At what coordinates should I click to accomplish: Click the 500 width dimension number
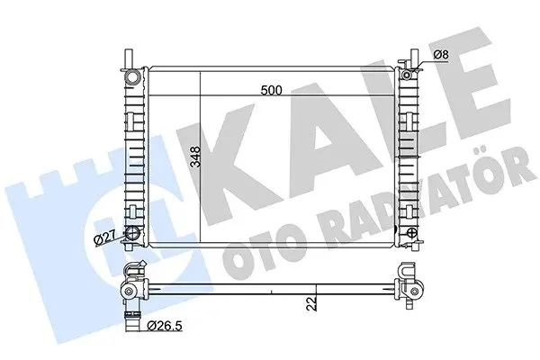click(x=272, y=90)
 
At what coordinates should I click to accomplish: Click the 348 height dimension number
click(x=195, y=157)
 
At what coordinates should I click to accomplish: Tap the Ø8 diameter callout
click(x=441, y=54)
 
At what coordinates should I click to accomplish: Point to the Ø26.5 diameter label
click(x=165, y=326)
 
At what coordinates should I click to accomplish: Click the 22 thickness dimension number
click(x=311, y=304)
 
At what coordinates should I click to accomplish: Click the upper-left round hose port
click(x=132, y=76)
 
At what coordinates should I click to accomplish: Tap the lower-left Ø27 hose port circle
click(x=132, y=233)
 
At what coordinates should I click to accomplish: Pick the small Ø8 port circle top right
click(x=407, y=74)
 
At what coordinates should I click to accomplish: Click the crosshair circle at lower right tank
click(x=412, y=232)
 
